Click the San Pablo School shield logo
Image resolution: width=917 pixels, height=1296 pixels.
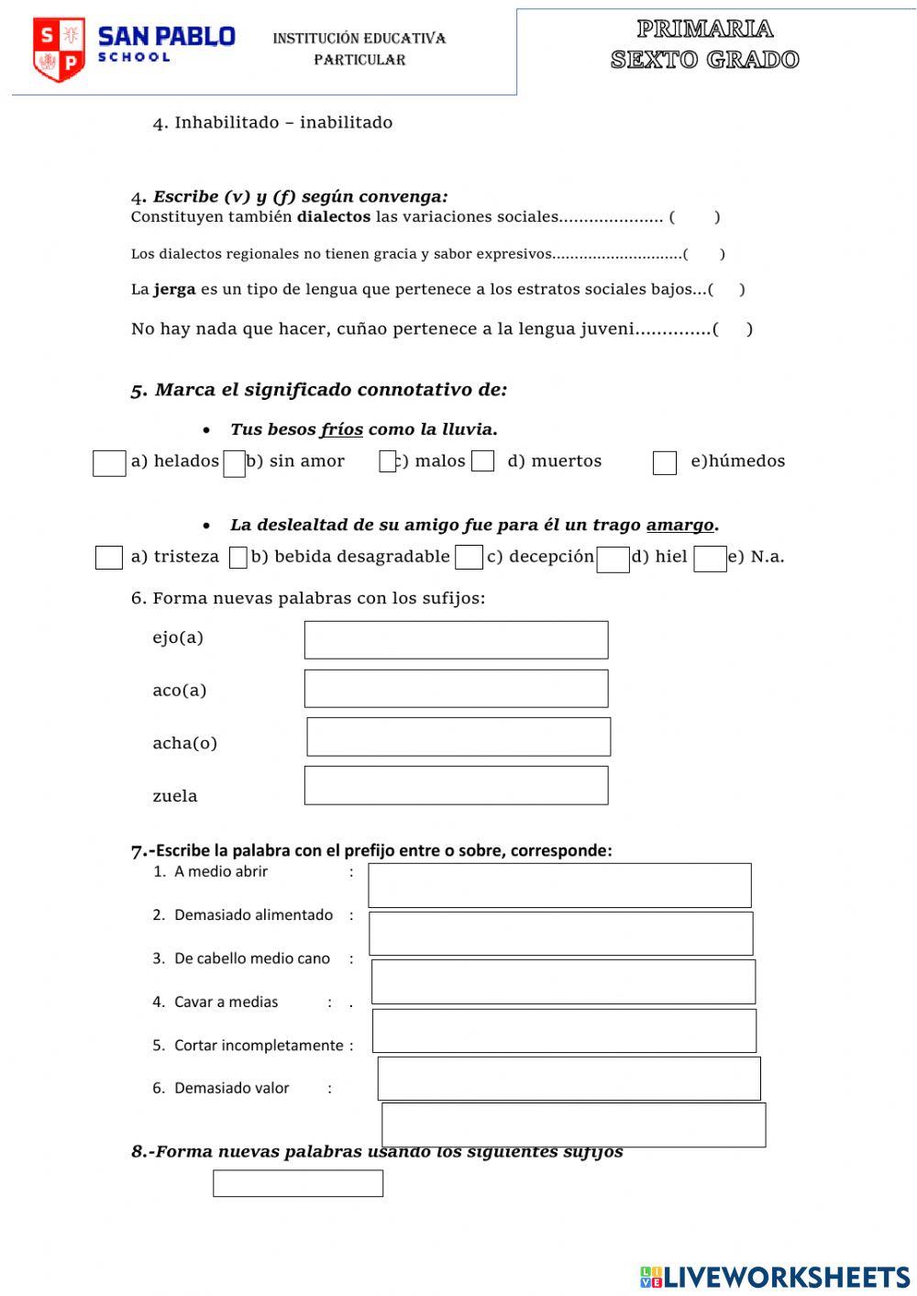pyautogui.click(x=59, y=50)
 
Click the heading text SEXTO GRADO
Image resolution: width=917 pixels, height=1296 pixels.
pyautogui.click(x=704, y=61)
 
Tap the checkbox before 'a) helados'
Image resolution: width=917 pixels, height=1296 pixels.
pyautogui.click(x=109, y=463)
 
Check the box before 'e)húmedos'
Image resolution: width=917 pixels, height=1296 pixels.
pyautogui.click(x=665, y=463)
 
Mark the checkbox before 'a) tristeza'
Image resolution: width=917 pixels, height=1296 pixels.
pyautogui.click(x=109, y=558)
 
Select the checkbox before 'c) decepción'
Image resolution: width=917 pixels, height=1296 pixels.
pyautogui.click(x=469, y=558)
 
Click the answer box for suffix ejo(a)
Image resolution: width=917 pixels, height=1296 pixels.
pyautogui.click(x=456, y=640)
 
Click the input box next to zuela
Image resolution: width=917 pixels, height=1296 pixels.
pyautogui.click(x=456, y=786)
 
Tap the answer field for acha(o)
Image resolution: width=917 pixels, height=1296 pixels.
pyautogui.click(x=458, y=737)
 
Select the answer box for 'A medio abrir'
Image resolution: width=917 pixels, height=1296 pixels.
pyautogui.click(x=559, y=886)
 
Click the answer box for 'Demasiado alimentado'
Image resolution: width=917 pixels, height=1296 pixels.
pyautogui.click(x=560, y=934)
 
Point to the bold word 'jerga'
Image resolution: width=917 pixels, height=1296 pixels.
pyautogui.click(x=174, y=290)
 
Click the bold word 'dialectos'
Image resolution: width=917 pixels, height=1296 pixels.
pyautogui.click(x=334, y=217)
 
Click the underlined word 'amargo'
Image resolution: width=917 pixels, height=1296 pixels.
pyautogui.click(x=679, y=526)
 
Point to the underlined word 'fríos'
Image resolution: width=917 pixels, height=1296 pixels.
pyautogui.click(x=341, y=429)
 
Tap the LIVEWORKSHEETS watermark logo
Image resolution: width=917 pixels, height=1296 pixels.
pyautogui.click(x=775, y=1277)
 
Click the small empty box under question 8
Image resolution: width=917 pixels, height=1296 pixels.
pyautogui.click(x=298, y=1184)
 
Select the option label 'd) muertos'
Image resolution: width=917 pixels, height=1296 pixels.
pyautogui.click(x=555, y=461)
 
